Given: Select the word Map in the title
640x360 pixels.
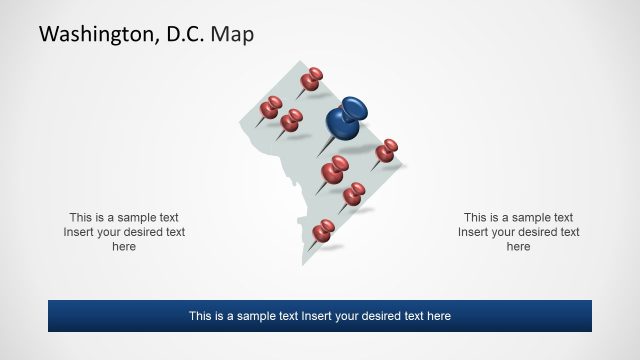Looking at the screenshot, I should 233,35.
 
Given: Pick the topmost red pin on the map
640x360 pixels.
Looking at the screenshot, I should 313,78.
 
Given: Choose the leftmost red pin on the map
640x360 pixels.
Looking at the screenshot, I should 271,106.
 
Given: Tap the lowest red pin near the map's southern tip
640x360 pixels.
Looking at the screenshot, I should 323,232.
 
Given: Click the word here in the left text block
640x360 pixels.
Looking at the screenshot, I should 124,247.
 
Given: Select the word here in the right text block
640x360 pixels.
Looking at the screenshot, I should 518,247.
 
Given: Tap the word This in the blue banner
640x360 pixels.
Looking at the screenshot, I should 201,316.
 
